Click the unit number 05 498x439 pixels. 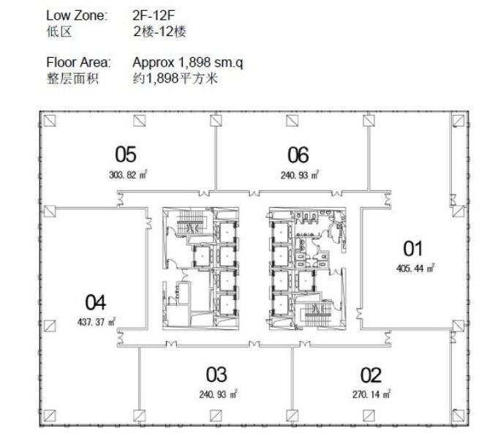click(126, 154)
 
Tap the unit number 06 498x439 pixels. click(298, 155)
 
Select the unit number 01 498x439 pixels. click(412, 249)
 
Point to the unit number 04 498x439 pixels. click(95, 302)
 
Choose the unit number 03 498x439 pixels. click(216, 375)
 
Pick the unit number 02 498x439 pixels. click(371, 375)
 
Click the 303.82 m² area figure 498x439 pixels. click(128, 175)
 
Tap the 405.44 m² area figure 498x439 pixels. click(415, 269)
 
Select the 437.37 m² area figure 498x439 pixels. click(97, 322)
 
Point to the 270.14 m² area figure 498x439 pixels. click(371, 394)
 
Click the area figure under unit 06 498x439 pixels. click(300, 175)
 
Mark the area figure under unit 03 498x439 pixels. click(218, 394)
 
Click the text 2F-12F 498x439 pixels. click(154, 15)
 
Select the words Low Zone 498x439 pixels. click(77, 15)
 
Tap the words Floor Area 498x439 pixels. click(78, 62)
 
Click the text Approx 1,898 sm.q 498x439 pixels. click(188, 63)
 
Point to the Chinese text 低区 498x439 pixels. click(59, 31)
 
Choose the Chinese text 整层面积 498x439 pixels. click(72, 78)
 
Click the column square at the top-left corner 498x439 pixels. click(50, 121)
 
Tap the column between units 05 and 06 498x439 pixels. click(216, 121)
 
